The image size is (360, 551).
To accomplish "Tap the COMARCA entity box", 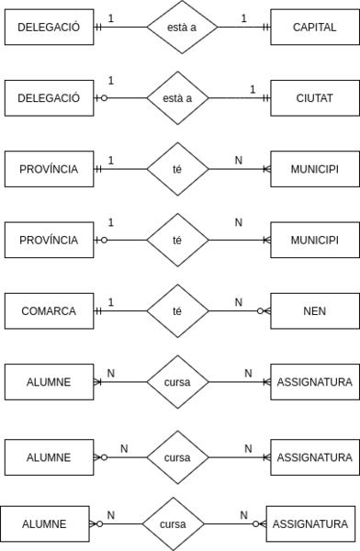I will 49,311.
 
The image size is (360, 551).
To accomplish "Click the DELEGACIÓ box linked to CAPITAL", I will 49,27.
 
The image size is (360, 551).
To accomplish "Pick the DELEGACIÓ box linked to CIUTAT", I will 49,97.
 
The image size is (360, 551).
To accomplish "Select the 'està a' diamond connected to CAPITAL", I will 178,27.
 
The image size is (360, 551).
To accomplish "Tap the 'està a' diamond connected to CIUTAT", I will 178,97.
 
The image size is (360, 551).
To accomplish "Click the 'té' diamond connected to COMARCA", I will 178,311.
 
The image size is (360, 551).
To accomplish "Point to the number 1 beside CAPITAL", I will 243,17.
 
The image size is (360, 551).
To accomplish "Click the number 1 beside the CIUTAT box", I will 252,88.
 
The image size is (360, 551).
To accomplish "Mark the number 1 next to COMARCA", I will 110,302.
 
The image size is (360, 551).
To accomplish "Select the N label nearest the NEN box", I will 238,302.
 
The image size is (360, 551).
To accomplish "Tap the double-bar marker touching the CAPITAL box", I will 264,27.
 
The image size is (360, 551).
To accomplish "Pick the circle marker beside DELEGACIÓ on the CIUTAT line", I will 104,97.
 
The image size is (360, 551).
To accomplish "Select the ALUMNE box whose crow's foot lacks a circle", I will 49,381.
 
